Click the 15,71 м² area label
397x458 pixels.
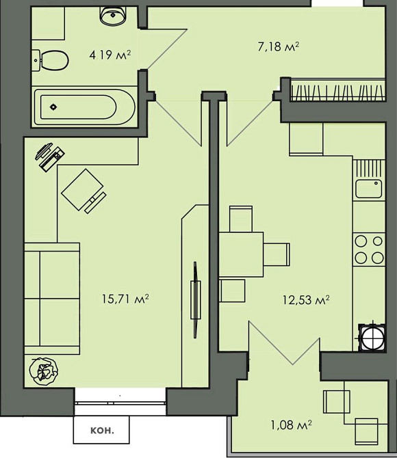(x=125, y=299)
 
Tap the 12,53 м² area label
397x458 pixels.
(x=307, y=299)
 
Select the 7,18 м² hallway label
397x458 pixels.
(x=279, y=46)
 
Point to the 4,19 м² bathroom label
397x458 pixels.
(x=110, y=55)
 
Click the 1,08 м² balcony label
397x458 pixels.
(x=291, y=425)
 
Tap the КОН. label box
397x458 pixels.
(x=101, y=431)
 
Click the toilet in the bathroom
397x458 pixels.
(x=50, y=60)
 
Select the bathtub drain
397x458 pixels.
(x=53, y=107)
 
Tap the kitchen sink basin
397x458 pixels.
(x=369, y=189)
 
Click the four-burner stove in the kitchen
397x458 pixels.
(x=369, y=250)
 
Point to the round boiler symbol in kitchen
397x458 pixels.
(x=372, y=337)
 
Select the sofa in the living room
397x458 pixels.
(x=52, y=299)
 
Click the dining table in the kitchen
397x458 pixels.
(x=241, y=254)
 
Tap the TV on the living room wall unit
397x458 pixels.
(x=196, y=299)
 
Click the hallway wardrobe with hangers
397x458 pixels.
(x=337, y=90)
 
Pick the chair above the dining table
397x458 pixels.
(x=241, y=219)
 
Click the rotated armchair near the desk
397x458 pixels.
(x=84, y=191)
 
